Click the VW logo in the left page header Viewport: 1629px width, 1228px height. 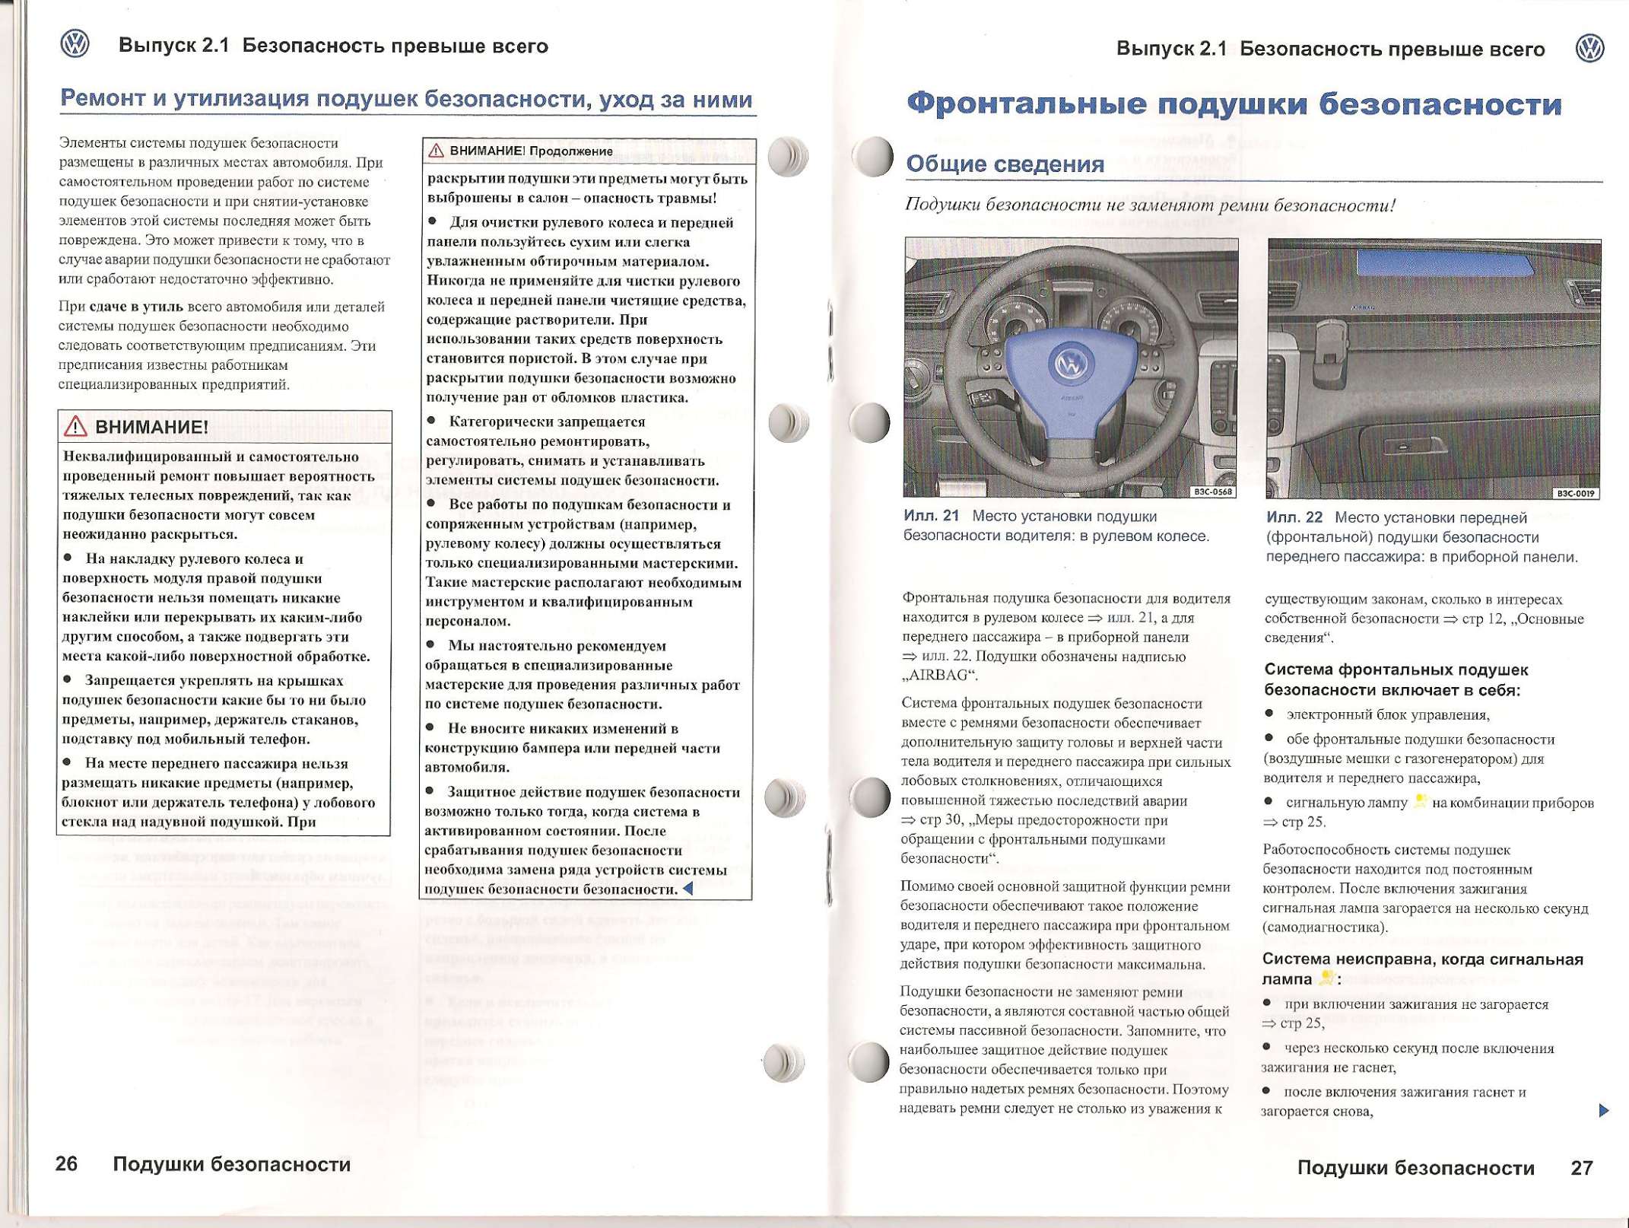[75, 43]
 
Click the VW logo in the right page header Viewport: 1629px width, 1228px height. [1589, 49]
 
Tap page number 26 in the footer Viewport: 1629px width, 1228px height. [67, 1163]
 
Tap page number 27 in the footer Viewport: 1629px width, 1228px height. [1582, 1167]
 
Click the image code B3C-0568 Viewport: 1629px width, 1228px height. [1212, 492]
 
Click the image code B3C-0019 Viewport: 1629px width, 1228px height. [1576, 493]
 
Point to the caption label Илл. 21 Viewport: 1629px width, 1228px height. [931, 516]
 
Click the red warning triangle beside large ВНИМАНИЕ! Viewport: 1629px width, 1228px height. [75, 427]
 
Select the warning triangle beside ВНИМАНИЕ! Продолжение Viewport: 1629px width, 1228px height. [436, 151]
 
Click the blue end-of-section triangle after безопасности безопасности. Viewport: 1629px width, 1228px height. [688, 888]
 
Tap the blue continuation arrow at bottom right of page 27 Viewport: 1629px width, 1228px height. [1604, 1110]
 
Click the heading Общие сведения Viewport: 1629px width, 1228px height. [1005, 164]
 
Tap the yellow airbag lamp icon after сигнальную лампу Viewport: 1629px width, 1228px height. [1419, 801]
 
